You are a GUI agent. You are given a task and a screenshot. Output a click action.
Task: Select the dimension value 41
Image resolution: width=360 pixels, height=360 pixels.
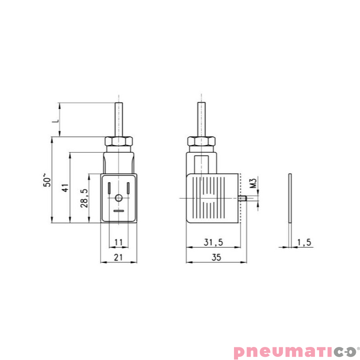[x=65, y=188]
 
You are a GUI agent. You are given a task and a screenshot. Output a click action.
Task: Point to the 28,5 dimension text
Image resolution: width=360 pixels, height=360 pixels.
[x=84, y=198]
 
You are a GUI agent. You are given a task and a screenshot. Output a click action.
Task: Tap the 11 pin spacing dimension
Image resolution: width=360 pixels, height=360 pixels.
[x=118, y=242]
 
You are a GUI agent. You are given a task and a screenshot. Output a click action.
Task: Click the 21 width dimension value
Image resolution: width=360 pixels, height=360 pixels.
[x=118, y=257]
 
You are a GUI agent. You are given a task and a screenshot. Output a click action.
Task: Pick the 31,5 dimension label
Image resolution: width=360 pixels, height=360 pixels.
[x=213, y=242]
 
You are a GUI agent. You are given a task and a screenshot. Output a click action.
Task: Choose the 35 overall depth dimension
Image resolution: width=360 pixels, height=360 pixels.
[x=216, y=257]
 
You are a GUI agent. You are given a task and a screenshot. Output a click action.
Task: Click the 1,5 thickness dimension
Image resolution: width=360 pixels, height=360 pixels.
[x=304, y=242]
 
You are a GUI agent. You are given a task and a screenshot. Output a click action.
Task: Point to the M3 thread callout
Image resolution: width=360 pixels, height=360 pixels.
[x=253, y=183]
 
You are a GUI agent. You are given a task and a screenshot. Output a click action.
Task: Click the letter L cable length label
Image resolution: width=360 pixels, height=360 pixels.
[x=56, y=120]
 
